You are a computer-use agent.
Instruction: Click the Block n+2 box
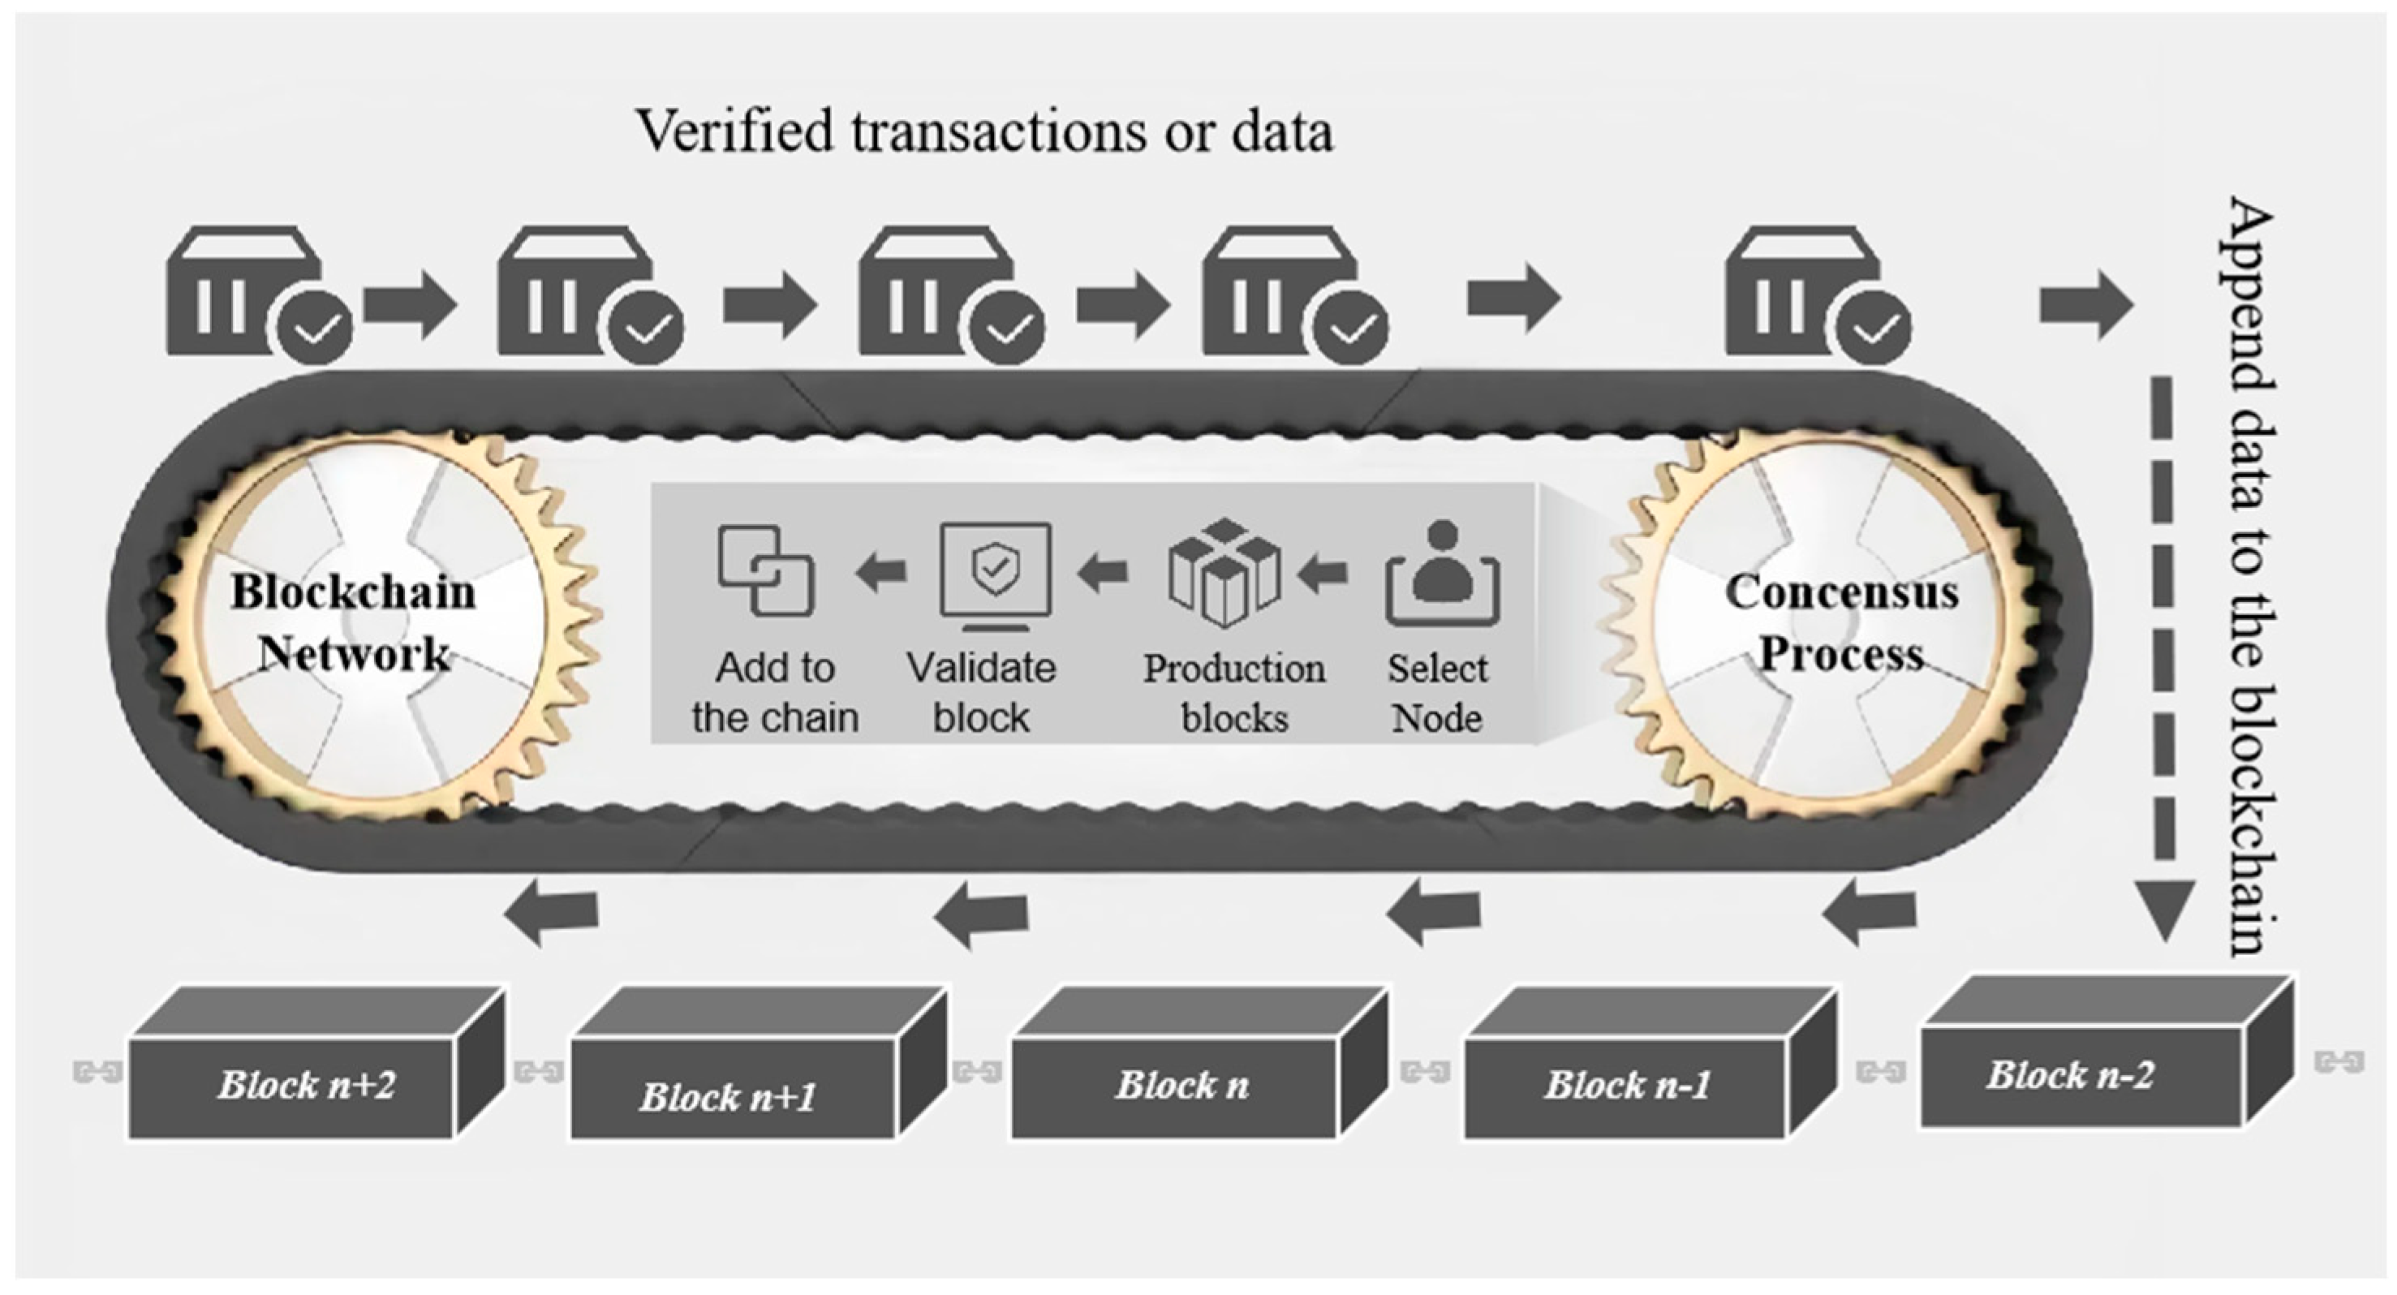point(307,1085)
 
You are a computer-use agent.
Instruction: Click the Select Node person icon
point(1441,575)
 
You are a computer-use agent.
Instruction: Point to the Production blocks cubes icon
point(1224,573)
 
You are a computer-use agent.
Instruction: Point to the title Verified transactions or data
point(983,131)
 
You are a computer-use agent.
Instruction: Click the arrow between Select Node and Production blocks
point(1323,573)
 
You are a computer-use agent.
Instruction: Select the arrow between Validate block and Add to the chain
point(880,571)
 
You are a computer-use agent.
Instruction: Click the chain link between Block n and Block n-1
point(1425,1073)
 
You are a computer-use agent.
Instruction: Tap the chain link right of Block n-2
point(2339,1061)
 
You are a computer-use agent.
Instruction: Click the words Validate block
point(982,693)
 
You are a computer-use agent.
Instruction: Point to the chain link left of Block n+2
point(97,1073)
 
